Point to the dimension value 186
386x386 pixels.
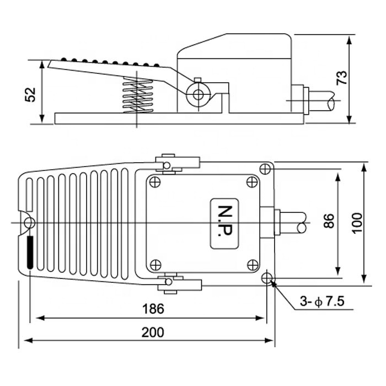153,309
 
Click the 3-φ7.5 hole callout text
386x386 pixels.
323,302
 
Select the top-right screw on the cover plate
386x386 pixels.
251,182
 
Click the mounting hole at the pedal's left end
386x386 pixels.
28,222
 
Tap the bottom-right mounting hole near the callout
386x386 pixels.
269,278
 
